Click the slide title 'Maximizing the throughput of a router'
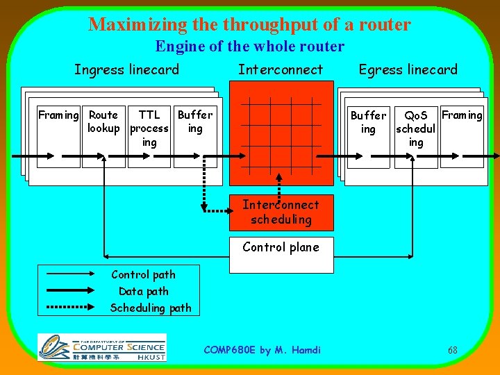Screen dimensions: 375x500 pos(249,25)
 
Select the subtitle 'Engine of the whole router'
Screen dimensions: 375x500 pos(249,47)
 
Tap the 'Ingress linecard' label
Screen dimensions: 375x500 pos(126,69)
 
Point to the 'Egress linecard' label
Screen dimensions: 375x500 pos(408,69)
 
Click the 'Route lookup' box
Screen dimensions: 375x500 pos(103,136)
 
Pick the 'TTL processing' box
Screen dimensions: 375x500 pos(149,136)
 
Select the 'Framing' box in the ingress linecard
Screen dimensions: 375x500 pos(58,136)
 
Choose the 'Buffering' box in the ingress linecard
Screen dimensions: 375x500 pos(195,136)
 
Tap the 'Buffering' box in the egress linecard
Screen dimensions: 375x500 pos(368,137)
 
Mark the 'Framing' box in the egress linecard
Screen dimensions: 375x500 pos(462,137)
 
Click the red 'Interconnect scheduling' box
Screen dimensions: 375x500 pos(281,212)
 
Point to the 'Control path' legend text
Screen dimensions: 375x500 pos(143,275)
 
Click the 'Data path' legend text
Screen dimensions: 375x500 pos(143,292)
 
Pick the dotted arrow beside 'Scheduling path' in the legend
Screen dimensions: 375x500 pos(72,307)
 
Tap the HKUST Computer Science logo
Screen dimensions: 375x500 pos(102,347)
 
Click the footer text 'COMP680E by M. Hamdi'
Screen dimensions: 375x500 pos(262,350)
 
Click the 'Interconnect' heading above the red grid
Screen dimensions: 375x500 pos(281,69)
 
